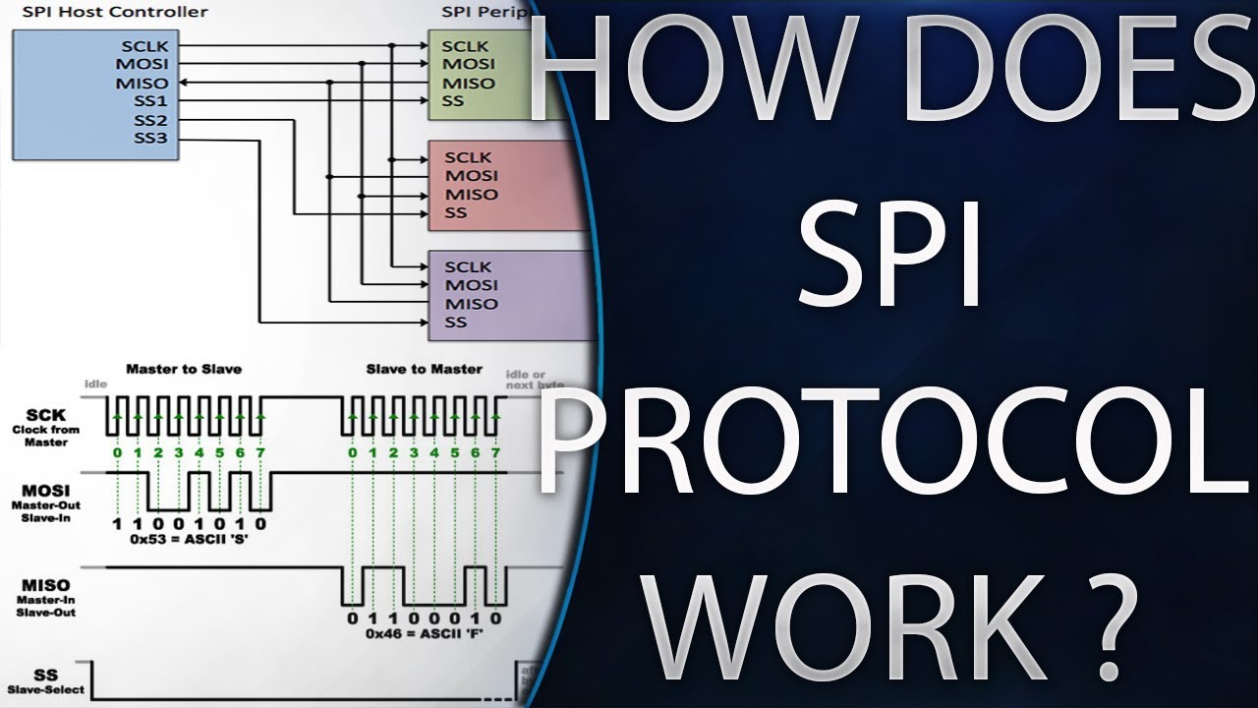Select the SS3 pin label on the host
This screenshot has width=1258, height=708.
tap(151, 138)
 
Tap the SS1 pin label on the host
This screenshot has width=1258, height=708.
tap(151, 101)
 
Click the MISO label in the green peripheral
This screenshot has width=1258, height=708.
tap(468, 83)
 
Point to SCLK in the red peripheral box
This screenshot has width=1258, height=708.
tap(468, 157)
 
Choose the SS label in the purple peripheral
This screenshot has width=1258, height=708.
tap(455, 323)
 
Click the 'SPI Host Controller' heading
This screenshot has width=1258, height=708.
tap(115, 12)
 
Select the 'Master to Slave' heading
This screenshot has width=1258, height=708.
tap(184, 369)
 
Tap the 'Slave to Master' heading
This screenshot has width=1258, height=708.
tap(425, 369)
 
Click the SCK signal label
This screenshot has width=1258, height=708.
tap(45, 415)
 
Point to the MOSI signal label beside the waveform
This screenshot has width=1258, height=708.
tap(45, 489)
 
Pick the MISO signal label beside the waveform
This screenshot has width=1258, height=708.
tap(45, 585)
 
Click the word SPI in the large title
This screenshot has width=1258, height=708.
tap(889, 258)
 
